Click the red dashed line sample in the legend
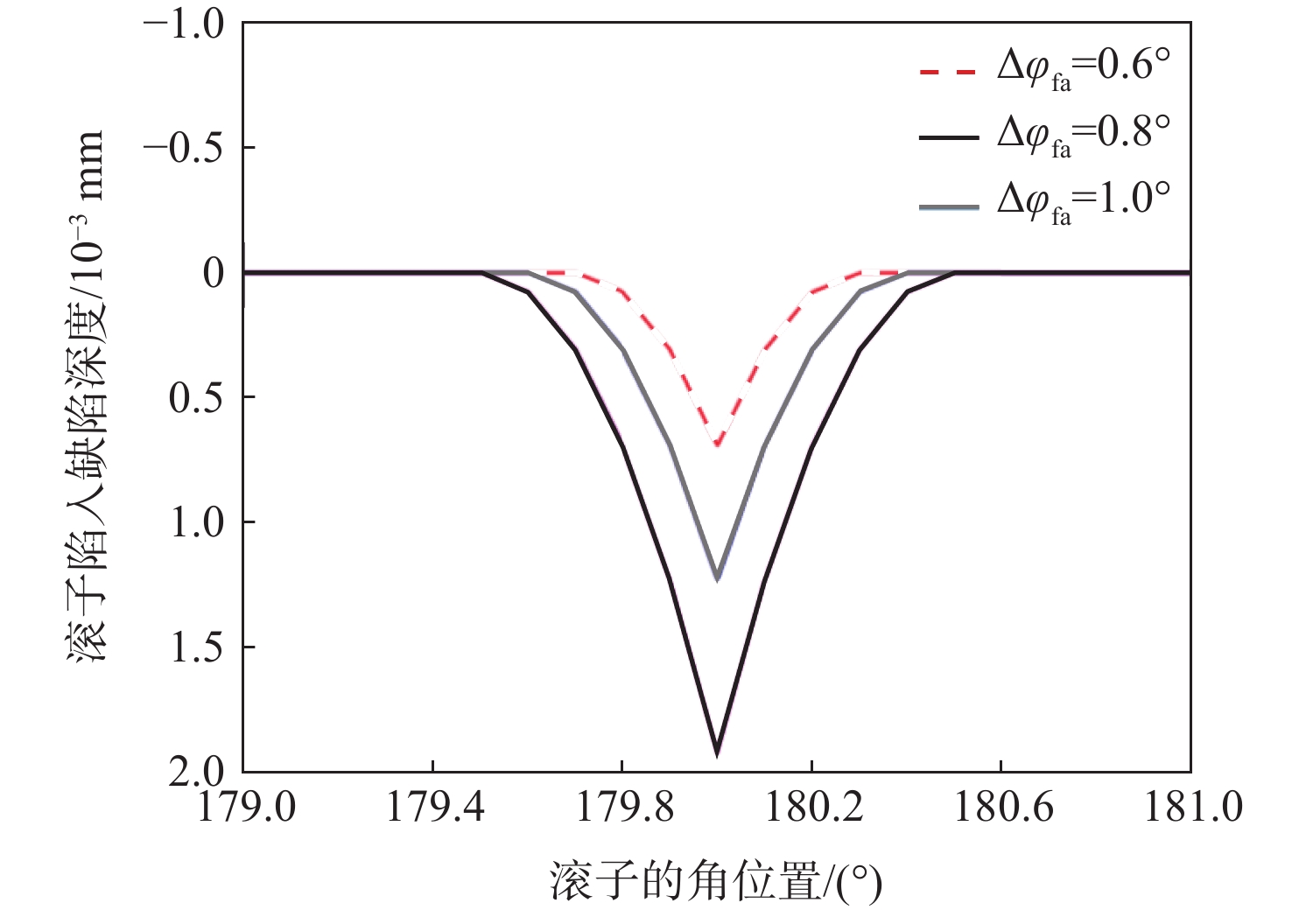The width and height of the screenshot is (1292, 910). click(x=948, y=71)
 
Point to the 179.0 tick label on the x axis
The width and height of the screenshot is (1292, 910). click(x=247, y=807)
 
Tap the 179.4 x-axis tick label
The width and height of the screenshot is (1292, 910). click(x=434, y=807)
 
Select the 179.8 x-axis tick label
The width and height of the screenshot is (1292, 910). click(x=623, y=807)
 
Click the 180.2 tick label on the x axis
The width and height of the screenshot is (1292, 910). click(x=813, y=807)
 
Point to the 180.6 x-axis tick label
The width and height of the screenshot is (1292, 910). click(x=1002, y=807)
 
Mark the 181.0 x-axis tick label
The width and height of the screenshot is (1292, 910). click(x=1193, y=807)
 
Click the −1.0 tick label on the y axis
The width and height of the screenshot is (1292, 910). click(x=184, y=24)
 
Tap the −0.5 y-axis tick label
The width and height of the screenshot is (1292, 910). click(x=184, y=148)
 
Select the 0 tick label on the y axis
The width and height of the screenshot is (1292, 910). click(x=213, y=273)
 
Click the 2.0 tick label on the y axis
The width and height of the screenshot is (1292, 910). click(x=197, y=772)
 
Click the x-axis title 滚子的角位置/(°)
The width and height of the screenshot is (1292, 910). click(x=716, y=881)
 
